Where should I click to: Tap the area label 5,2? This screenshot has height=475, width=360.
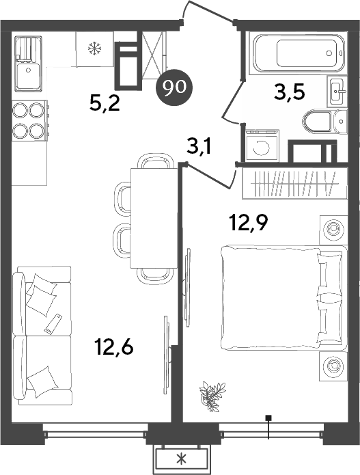pyautogui.click(x=106, y=103)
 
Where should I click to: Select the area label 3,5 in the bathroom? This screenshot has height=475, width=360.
pyautogui.click(x=289, y=91)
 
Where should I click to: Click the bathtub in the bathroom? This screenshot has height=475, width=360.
pyautogui.click(x=296, y=52)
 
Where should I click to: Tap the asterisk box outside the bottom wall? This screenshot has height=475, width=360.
pyautogui.click(x=181, y=459)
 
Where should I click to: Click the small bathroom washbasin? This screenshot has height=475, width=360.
pyautogui.click(x=336, y=90)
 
